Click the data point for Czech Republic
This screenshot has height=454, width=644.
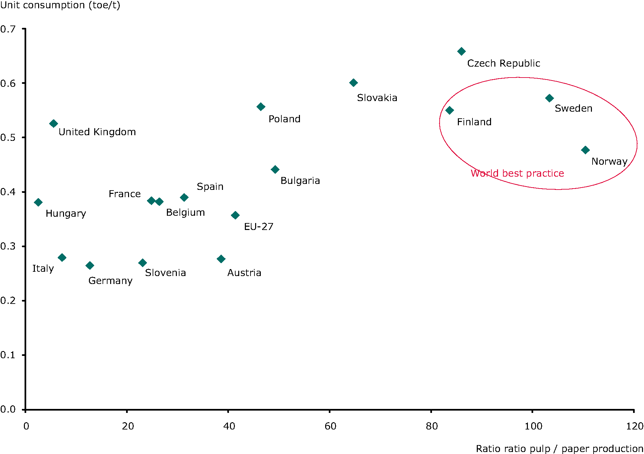461,51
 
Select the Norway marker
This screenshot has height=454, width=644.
585,150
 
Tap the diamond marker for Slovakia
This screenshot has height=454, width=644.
353,83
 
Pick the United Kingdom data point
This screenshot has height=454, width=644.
53,124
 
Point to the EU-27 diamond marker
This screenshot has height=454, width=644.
235,215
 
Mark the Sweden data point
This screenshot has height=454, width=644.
549,98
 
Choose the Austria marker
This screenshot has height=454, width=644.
221,259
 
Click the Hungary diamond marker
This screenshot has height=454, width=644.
38,202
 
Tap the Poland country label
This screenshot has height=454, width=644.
284,119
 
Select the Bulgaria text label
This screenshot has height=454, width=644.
300,181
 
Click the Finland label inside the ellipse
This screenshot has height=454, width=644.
474,122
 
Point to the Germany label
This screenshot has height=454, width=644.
110,281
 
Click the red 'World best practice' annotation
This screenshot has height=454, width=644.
517,173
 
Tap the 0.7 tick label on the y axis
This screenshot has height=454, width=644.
8,29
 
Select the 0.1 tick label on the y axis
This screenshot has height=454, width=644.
8,355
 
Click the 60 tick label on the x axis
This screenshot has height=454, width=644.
330,426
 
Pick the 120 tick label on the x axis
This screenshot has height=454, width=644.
634,426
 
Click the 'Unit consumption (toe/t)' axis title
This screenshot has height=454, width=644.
60,5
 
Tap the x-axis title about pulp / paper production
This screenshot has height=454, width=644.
559,449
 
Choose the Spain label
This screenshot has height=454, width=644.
210,187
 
